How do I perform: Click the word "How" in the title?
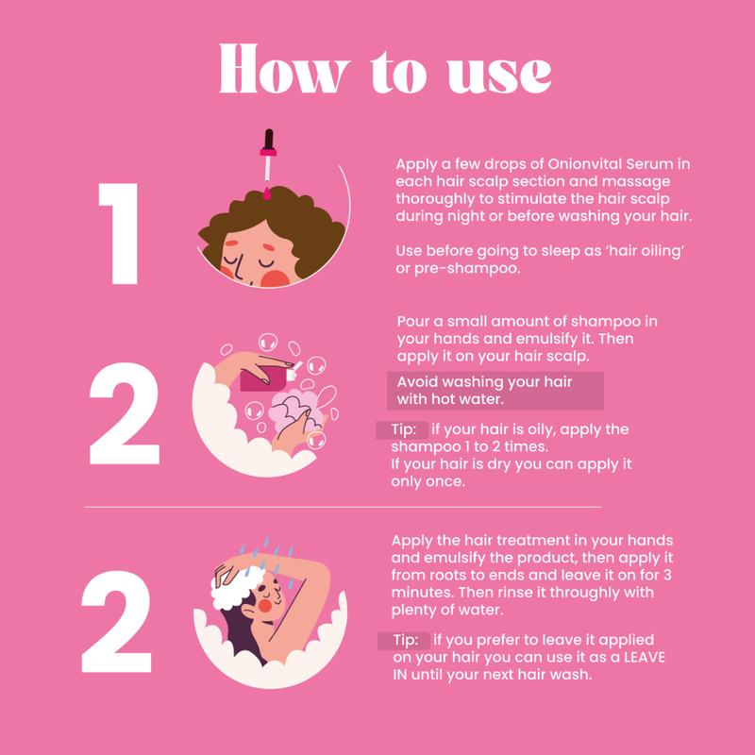click(283, 68)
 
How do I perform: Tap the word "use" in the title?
click(499, 75)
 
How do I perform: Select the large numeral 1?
click(119, 233)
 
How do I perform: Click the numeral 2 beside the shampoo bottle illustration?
click(125, 413)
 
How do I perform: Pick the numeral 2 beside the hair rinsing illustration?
click(116, 621)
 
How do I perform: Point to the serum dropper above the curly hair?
click(268, 163)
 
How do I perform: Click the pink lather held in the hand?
click(294, 410)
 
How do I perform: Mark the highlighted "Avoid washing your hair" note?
click(495, 391)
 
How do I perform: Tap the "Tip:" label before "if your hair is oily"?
click(403, 429)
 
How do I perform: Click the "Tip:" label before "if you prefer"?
click(405, 641)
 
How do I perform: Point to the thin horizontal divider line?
click(343, 507)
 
